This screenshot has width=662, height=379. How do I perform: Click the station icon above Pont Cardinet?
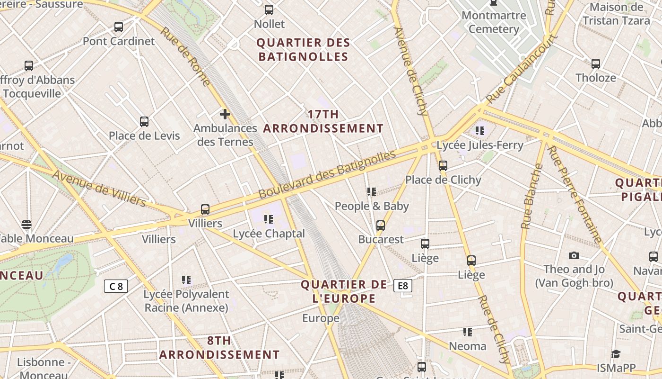coord(119,27)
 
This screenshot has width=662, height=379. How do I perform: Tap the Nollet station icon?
coord(269,9)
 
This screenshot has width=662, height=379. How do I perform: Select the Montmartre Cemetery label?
coord(494,22)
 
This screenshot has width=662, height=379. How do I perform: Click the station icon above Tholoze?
coord(596,63)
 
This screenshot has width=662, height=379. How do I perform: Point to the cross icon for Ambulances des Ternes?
coord(225,114)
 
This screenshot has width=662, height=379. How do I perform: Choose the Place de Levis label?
coord(144,136)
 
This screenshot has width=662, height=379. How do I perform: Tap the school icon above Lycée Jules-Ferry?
coord(480,130)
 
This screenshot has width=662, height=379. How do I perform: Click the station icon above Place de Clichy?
coord(443,165)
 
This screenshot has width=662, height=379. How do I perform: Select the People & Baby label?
coord(372,206)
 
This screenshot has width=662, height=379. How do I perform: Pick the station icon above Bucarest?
coord(381,225)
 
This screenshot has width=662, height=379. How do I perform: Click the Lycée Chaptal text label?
coord(269,234)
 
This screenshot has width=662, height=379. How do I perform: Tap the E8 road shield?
coord(402,286)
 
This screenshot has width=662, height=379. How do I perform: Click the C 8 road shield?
coord(116,286)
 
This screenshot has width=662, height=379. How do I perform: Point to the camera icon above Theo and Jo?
coord(574,256)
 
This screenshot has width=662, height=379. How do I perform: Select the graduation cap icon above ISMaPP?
coord(616,354)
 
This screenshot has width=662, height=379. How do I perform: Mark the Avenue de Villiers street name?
coord(99,188)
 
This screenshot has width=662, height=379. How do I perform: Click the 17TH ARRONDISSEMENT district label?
coord(323,121)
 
